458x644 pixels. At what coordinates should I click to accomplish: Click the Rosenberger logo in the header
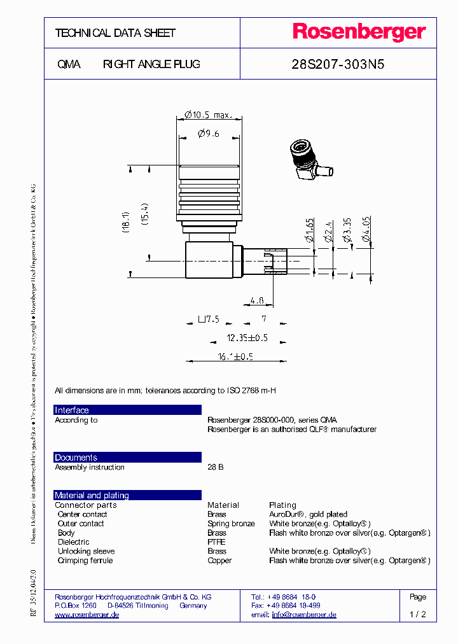pos(359,32)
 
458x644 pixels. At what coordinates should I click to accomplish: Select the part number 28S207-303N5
pos(338,64)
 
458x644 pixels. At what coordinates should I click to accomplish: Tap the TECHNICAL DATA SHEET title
pos(115,33)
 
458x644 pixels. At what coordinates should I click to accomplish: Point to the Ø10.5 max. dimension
pos(208,115)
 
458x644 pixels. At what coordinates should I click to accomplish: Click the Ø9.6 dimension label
pos(208,134)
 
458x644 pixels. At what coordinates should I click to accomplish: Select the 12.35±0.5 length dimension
pos(247,337)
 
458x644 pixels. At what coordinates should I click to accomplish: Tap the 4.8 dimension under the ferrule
pos(257,300)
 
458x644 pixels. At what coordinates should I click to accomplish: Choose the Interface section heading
pos(72,410)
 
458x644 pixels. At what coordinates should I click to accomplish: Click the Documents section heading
pos(76,458)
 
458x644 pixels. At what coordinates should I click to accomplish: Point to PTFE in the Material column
pos(216,542)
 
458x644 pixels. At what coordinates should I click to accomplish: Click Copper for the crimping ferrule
pos(219,561)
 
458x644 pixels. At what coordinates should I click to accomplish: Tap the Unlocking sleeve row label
pos(86,551)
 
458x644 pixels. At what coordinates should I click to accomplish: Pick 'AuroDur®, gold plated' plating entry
pos(308,514)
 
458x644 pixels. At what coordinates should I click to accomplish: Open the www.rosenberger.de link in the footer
pos(87,615)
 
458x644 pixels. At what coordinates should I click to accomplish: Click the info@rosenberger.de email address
pos(303,615)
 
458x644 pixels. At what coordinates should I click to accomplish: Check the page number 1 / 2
pos(418,615)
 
